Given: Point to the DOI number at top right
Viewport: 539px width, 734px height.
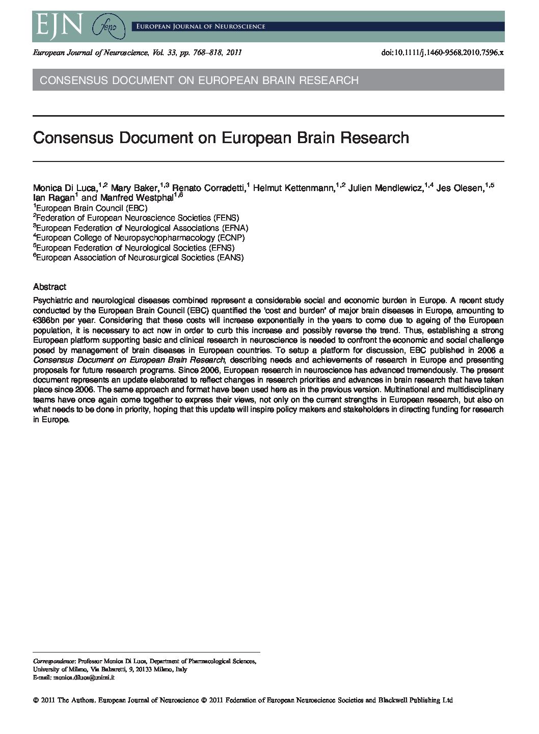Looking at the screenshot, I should (442, 52).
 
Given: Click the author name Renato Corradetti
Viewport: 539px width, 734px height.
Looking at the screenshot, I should (208, 188).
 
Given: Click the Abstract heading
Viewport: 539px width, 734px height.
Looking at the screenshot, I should (49, 287).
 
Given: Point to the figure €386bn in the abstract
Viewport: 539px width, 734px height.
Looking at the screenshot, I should (47, 320).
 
